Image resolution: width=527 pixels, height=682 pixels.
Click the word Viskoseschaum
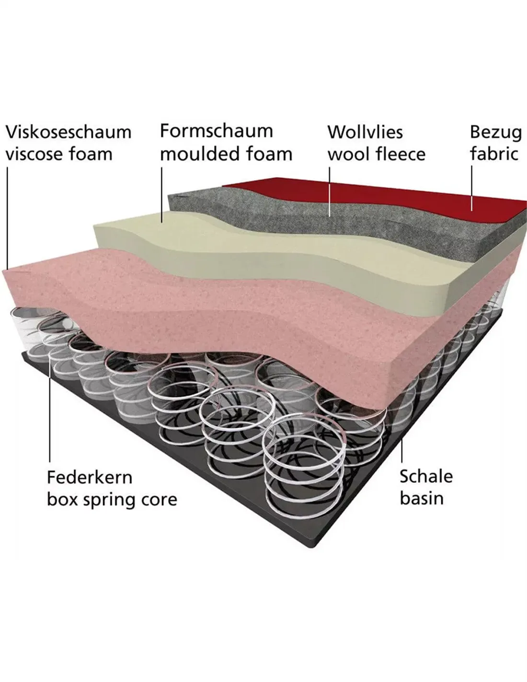tap(69, 132)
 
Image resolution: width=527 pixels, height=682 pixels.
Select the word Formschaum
tap(217, 131)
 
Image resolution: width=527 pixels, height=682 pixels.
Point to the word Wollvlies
tap(365, 132)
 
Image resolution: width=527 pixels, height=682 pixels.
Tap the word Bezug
tap(496, 133)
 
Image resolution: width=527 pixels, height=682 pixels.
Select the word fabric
tap(494, 154)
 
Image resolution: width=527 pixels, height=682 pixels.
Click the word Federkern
tap(90, 477)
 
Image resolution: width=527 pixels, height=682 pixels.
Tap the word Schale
tap(426, 476)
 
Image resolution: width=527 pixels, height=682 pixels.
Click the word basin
tap(422, 499)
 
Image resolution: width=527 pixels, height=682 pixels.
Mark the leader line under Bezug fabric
tap(471, 188)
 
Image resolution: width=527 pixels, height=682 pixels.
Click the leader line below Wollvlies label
tap(330, 191)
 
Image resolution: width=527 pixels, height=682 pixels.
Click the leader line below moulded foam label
tap(162, 195)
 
